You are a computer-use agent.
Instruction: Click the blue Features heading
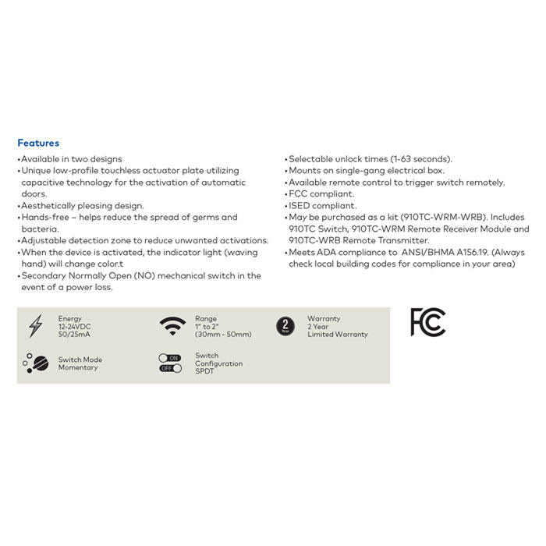coord(38,143)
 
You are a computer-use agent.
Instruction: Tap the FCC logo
coord(427,322)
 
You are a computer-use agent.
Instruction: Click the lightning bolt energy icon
coord(35,326)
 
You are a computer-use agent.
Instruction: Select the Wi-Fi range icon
coord(172,325)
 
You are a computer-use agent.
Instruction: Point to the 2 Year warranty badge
coord(286,326)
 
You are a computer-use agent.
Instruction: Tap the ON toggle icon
coord(169,358)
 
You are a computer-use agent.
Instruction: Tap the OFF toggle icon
coord(169,368)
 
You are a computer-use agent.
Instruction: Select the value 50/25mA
coord(73,335)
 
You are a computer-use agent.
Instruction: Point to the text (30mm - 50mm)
coord(223,335)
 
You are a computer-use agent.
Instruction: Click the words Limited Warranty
coord(337,335)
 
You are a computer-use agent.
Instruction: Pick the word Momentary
coord(78,367)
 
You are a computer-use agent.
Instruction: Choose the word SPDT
coord(204,371)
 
